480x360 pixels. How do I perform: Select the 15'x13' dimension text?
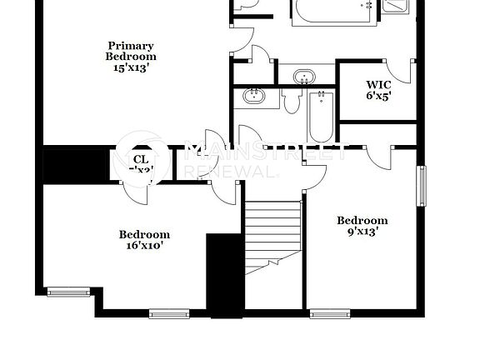tap(131, 68)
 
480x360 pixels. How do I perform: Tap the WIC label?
tap(378, 84)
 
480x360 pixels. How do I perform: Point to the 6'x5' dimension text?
tap(378, 96)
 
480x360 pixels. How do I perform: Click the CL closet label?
tap(141, 158)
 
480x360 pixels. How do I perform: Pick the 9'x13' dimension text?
tap(362, 232)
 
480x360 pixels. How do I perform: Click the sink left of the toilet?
tap(254, 97)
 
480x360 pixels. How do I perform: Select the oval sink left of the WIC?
tap(305, 77)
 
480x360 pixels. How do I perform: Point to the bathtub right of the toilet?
tap(319, 117)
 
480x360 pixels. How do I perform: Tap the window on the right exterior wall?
tap(422, 186)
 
